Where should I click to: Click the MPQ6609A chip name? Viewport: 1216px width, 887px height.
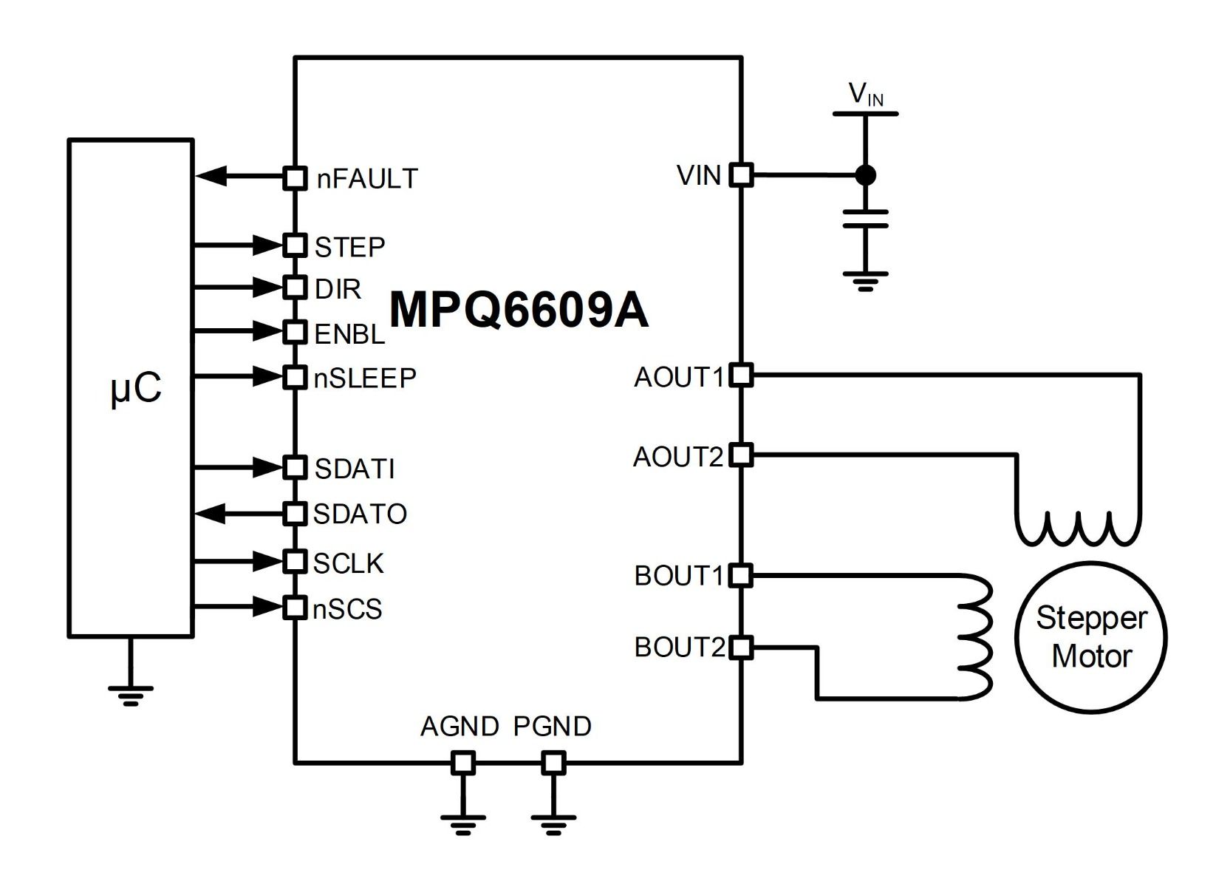(519, 310)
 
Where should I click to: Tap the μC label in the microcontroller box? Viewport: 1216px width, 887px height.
(136, 389)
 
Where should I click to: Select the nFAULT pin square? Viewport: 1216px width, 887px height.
(296, 177)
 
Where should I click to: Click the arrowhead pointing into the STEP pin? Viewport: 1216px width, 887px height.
(268, 245)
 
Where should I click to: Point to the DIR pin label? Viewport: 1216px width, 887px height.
(338, 289)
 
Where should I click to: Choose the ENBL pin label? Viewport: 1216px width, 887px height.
(349, 333)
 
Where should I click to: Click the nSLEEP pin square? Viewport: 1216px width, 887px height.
(296, 376)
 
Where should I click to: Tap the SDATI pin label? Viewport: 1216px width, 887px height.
(355, 469)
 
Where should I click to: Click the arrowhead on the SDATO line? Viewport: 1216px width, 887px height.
(210, 513)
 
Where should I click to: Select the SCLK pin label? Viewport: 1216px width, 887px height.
(349, 563)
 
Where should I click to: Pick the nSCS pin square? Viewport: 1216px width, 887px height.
(296, 608)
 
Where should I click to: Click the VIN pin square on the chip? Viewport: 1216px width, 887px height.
(741, 175)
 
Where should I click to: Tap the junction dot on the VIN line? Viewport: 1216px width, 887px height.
(866, 175)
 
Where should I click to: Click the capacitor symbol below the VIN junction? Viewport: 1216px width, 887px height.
(866, 218)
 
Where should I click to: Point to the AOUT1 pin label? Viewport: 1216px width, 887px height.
(679, 377)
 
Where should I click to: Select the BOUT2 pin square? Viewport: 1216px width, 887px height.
(741, 647)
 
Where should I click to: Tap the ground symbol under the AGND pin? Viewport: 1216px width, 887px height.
(463, 824)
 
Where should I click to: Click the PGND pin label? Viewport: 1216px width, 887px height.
(552, 726)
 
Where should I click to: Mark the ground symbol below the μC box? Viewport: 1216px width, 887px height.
(131, 696)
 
